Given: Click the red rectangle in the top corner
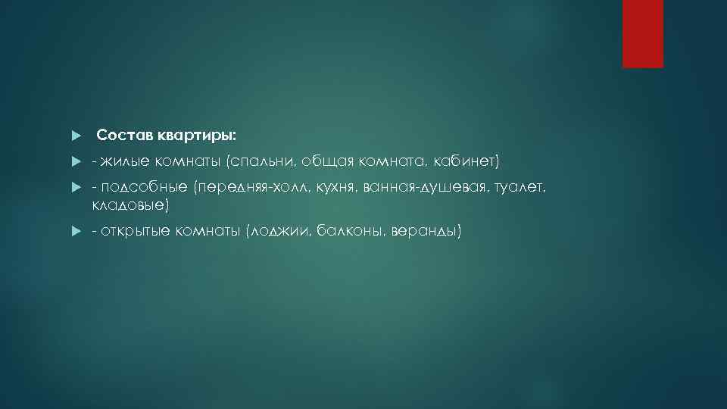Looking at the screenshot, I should point(642,33).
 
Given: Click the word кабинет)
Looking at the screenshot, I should point(467,160).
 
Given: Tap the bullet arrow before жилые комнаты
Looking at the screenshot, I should point(75,161).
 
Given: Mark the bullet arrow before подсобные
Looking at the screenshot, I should point(75,187).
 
